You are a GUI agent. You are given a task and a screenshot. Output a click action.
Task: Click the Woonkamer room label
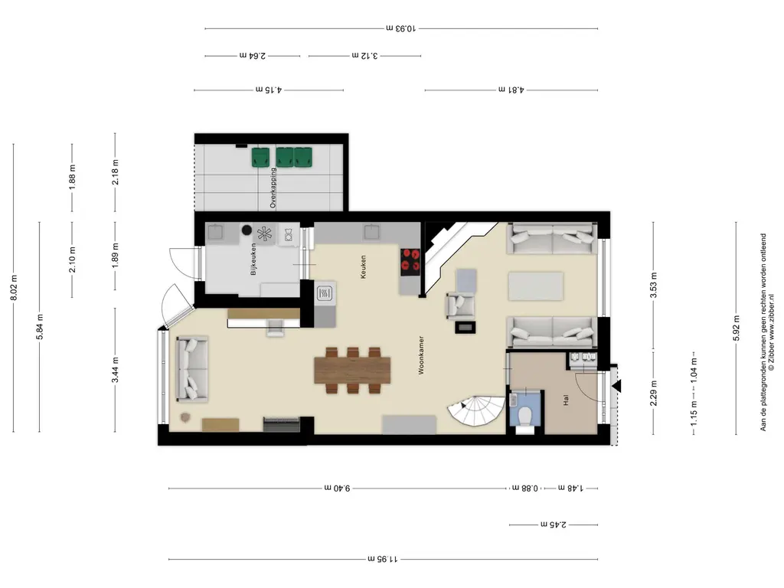tap(421, 355)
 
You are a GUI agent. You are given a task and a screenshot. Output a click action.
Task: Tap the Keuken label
tap(364, 267)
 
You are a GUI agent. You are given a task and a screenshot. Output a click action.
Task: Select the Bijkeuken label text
tap(253, 259)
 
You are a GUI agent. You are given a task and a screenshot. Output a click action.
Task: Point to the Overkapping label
tap(273, 188)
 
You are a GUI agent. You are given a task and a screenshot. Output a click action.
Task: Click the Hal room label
tap(566, 400)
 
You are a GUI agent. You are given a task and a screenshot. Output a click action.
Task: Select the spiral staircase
tap(475, 411)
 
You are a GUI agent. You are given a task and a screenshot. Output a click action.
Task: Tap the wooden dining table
tap(352, 370)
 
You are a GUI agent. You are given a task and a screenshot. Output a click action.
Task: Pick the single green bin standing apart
tap(260, 157)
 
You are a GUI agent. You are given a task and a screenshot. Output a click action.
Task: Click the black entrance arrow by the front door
tap(616, 386)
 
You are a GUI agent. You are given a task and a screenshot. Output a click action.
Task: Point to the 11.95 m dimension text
tap(383, 559)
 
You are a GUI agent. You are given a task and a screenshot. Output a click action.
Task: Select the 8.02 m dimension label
tap(14, 288)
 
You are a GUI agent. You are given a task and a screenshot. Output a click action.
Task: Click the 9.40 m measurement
tap(337, 488)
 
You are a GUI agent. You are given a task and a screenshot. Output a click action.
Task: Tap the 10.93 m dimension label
tap(401, 28)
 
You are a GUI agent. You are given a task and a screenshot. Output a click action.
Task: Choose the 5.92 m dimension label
tap(736, 328)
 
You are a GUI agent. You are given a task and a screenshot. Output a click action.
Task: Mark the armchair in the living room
tap(460, 305)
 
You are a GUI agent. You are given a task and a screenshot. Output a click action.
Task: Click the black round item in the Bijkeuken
tap(246, 230)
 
